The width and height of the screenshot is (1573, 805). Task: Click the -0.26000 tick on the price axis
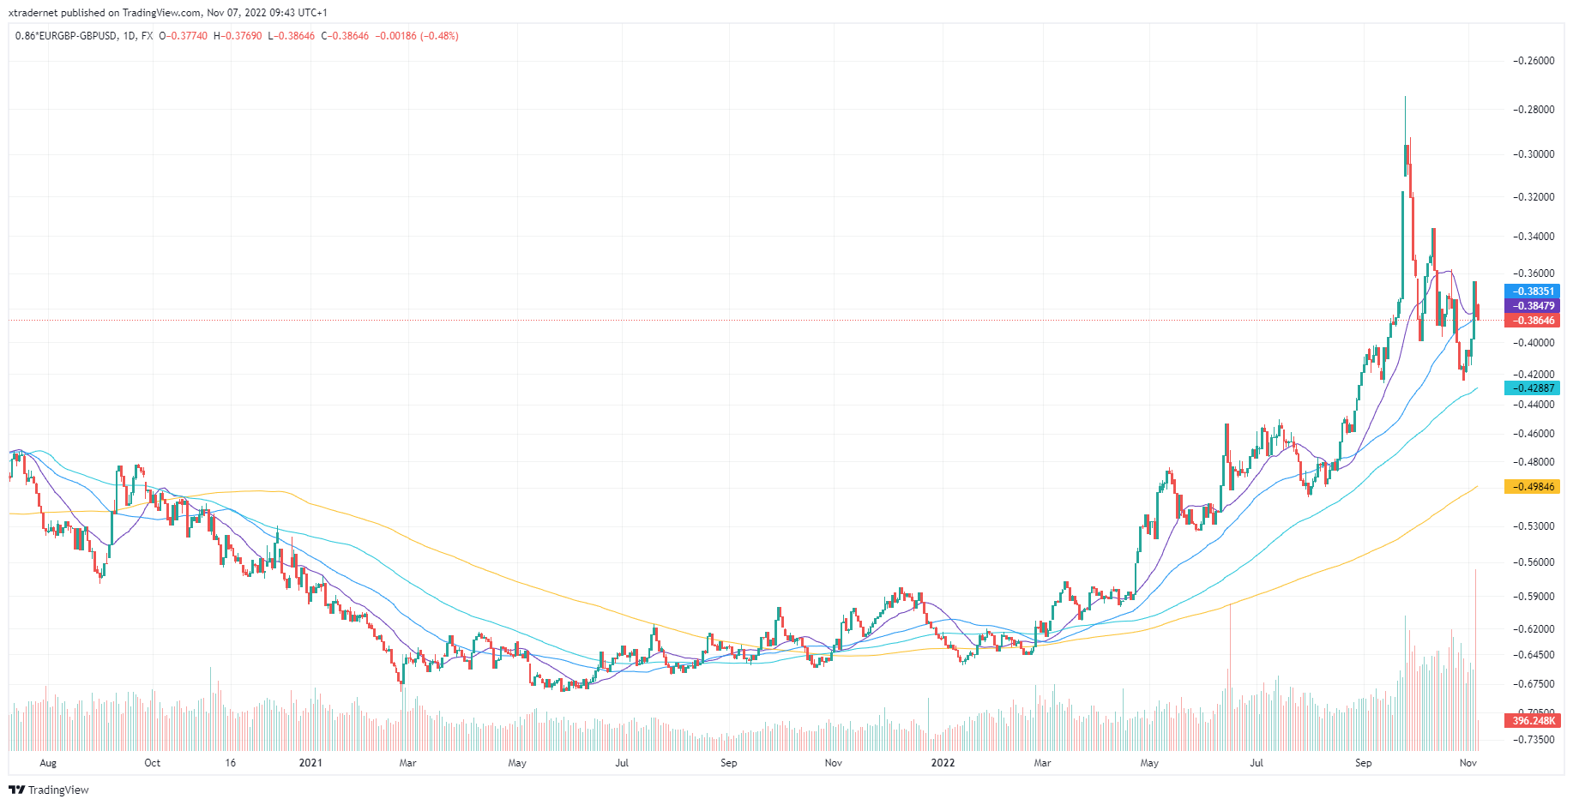click(x=1534, y=61)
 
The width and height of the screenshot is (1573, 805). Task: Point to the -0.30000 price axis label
click(x=1534, y=154)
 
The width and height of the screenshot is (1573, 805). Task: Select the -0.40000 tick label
click(x=1534, y=343)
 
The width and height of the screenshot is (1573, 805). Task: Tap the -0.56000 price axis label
click(x=1534, y=562)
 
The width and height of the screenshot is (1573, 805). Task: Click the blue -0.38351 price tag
click(x=1532, y=291)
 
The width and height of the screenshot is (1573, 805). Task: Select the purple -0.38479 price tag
click(x=1532, y=306)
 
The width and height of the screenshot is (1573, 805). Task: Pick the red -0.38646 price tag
click(x=1532, y=321)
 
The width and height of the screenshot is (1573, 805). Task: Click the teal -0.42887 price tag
click(x=1532, y=388)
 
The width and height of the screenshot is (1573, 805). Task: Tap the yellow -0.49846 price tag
click(x=1532, y=487)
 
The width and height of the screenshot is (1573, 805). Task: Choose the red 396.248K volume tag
click(x=1532, y=721)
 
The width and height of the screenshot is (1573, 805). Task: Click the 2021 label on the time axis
click(x=310, y=763)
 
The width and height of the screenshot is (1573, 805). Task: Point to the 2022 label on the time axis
click(x=943, y=763)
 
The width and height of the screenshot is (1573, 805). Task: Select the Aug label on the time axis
click(x=48, y=763)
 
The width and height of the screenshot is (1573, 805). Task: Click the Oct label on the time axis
click(x=152, y=763)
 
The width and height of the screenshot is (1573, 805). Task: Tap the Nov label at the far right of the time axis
click(x=1468, y=763)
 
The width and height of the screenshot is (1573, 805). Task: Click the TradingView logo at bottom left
click(x=49, y=790)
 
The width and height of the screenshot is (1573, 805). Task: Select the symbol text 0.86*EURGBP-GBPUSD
click(x=66, y=36)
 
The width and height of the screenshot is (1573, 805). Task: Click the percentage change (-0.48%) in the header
click(x=439, y=36)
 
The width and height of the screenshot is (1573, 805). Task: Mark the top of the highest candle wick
click(x=1405, y=97)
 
